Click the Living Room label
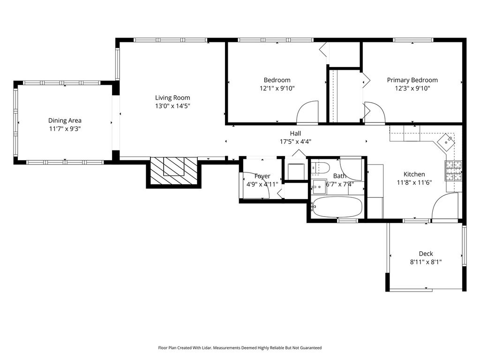(172, 97)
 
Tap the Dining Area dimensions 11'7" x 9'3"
(65, 129)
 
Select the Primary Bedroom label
(412, 80)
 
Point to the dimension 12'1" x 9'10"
(277, 89)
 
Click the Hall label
(295, 134)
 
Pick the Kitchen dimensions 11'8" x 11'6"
(414, 182)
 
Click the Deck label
(426, 254)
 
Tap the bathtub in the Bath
(337, 207)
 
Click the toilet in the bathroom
(320, 168)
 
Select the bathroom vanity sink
(319, 187)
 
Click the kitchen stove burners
(453, 171)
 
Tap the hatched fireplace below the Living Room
(174, 171)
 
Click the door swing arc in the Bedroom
(307, 112)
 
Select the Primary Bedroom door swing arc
(374, 112)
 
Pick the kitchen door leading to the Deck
(445, 206)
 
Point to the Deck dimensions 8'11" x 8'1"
(426, 262)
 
